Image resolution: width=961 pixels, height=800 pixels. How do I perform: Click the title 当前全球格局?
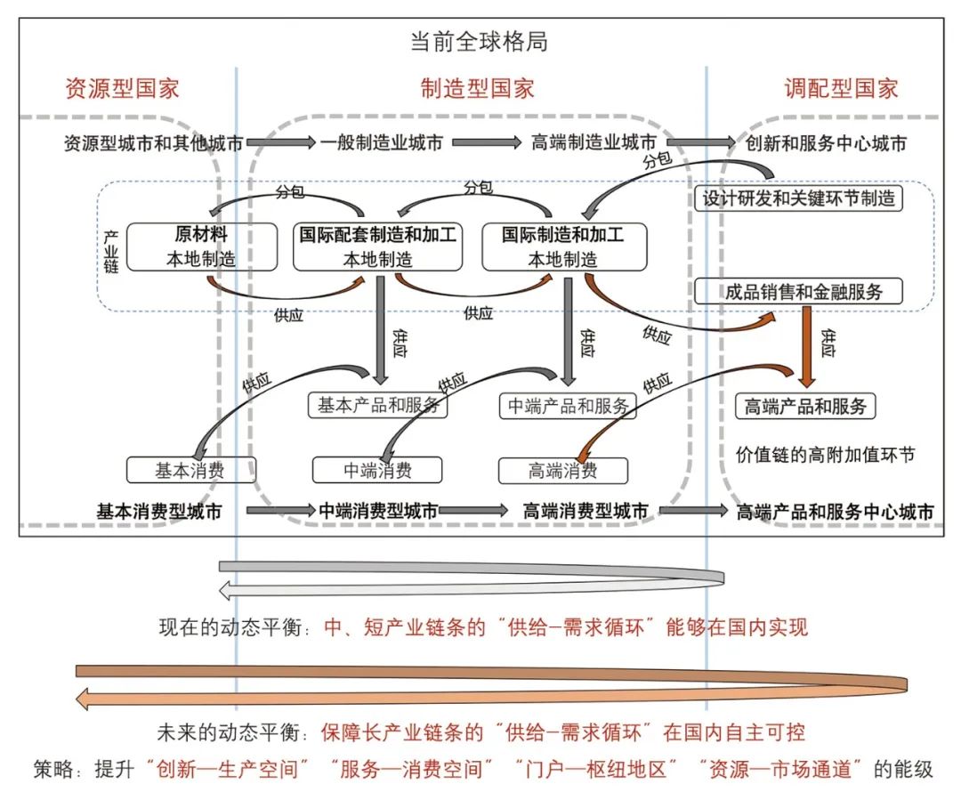pyautogui.click(x=478, y=41)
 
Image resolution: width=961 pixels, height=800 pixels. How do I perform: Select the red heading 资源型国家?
pyautogui.click(x=123, y=88)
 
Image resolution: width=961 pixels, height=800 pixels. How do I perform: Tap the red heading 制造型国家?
pyautogui.click(x=478, y=88)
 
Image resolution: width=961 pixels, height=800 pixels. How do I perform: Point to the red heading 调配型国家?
pyautogui.click(x=841, y=88)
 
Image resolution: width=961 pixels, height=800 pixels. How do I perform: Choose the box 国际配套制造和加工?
pyautogui.click(x=377, y=246)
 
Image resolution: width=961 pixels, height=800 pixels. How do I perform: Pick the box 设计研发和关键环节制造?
pyautogui.click(x=797, y=198)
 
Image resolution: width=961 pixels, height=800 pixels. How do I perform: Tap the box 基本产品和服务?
pyautogui.click(x=377, y=406)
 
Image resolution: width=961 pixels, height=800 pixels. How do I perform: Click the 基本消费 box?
pyautogui.click(x=191, y=469)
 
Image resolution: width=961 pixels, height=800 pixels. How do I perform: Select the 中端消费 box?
pyautogui.click(x=377, y=469)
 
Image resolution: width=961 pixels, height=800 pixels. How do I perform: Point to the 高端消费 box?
pyautogui.click(x=562, y=470)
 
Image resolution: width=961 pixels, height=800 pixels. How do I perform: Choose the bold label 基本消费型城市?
pyautogui.click(x=159, y=512)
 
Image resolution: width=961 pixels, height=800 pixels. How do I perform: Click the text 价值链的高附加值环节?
pyautogui.click(x=825, y=455)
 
